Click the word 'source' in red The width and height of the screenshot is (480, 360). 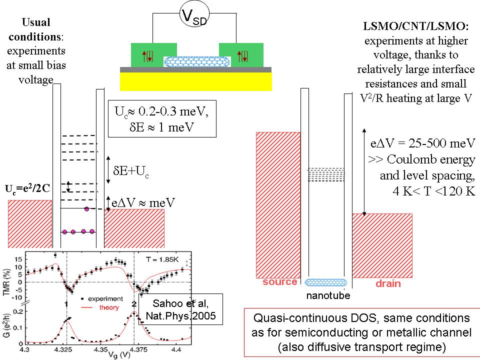279,282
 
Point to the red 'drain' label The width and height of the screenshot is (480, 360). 388,283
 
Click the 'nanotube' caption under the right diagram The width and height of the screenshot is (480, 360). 327,295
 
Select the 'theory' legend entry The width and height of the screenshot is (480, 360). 109,307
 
